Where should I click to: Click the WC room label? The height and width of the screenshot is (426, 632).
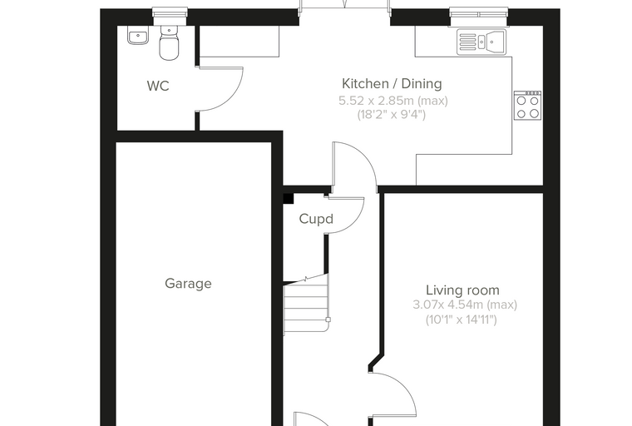(x=158, y=86)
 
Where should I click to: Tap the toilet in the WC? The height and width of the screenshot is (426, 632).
(x=169, y=42)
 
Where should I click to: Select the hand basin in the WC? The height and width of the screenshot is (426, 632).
(x=138, y=35)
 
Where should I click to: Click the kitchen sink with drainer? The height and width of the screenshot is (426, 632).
(x=481, y=42)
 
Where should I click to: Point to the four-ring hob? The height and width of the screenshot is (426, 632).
(x=527, y=106)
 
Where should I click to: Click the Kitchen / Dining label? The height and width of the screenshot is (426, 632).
(x=392, y=83)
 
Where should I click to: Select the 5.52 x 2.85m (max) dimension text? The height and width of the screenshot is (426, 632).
(x=393, y=101)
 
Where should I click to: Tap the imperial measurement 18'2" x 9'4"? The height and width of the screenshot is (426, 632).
(x=392, y=115)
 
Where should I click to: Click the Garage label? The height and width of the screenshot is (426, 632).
(x=188, y=284)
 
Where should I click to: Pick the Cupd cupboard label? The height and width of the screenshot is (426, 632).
(x=316, y=219)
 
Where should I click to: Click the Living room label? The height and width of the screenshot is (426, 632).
(x=462, y=290)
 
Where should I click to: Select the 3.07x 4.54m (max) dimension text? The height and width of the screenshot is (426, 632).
(x=465, y=305)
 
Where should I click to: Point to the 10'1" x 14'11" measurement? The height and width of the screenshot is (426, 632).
(x=462, y=319)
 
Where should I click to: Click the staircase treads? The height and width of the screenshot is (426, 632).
(x=306, y=304)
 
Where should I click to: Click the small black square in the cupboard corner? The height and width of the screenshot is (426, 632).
(x=289, y=199)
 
